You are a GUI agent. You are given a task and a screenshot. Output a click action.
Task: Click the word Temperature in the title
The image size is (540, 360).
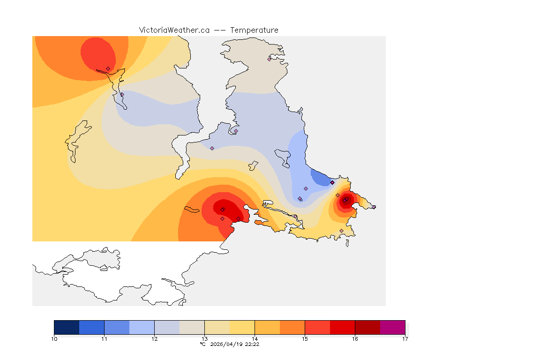tap(254, 30)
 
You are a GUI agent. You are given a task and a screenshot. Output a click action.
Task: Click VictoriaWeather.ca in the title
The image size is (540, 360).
tap(174, 30)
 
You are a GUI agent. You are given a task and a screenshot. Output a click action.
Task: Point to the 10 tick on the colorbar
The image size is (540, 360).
tap(54, 338)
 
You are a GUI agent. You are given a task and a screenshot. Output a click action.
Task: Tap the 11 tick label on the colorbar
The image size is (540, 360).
tap(104, 338)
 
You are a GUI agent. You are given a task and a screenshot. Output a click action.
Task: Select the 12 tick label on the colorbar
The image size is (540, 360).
tap(154, 338)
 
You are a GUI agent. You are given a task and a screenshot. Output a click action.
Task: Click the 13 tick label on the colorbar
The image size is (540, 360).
tap(204, 338)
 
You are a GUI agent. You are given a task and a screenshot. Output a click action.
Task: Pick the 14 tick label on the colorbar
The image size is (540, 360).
tap(255, 338)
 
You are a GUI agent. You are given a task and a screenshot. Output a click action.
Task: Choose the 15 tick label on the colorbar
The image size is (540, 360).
tap(305, 338)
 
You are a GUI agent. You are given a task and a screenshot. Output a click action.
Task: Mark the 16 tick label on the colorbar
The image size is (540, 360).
tap(355, 338)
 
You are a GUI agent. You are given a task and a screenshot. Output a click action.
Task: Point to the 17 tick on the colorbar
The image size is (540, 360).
tap(405, 338)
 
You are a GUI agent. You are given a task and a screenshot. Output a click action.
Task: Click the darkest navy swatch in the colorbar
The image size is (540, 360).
tap(67, 327)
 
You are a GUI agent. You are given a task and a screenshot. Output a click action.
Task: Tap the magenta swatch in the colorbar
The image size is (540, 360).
tap(392, 327)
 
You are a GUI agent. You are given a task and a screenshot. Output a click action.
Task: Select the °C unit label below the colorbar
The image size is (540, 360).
tap(202, 344)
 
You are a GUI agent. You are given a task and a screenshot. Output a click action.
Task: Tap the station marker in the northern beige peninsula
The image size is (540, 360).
tap(269, 59)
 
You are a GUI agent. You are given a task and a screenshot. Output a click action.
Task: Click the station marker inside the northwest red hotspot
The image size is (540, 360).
tap(108, 68)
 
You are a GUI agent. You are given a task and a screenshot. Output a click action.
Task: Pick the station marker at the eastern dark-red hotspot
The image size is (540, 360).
tap(345, 201)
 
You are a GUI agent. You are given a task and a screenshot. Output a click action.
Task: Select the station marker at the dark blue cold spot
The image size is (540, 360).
tap(332, 182)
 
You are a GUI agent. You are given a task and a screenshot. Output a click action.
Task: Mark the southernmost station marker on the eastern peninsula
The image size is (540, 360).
tap(341, 231)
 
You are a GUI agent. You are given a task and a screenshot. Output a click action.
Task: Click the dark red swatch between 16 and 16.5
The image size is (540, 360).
tap(367, 327)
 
